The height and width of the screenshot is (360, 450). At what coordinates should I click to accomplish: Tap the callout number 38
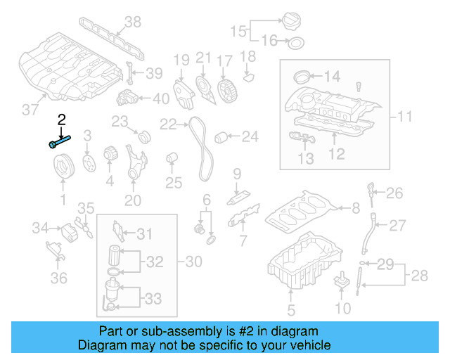tap(131, 23)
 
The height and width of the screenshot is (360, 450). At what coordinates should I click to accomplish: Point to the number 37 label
tap(30, 109)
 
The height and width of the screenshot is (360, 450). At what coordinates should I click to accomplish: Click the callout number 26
tap(394, 193)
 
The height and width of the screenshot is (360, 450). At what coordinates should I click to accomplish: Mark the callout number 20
tap(133, 200)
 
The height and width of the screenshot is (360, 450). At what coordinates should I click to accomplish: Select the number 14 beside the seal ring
tap(331, 76)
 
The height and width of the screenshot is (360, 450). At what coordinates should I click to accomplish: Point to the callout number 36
tap(58, 278)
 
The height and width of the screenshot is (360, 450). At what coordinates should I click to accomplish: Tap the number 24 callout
tap(250, 136)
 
